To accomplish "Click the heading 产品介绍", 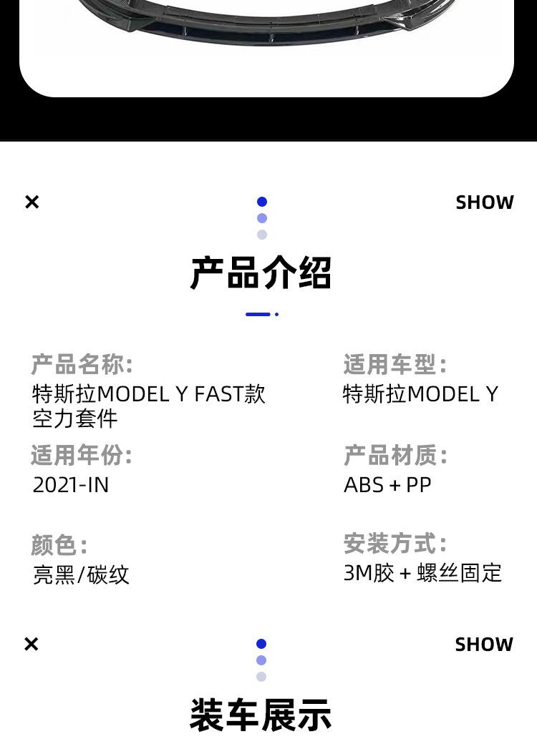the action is (x=261, y=273).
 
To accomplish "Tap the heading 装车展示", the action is (x=261, y=715).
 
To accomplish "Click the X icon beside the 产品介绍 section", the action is (x=32, y=202).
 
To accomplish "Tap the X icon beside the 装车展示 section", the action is (x=32, y=645).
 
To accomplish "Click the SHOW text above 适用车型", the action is (x=485, y=202).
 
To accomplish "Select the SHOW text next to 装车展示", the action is (x=484, y=645).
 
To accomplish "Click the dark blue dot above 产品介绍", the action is (x=262, y=202).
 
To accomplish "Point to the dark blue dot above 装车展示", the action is (x=261, y=644).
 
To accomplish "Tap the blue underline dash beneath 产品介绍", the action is (x=258, y=314).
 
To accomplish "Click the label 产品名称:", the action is (x=82, y=365).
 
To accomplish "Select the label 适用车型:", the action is (x=395, y=365).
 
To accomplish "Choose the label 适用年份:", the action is (x=82, y=455).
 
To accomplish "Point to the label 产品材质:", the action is (x=395, y=455).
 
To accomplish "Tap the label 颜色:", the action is (x=59, y=545).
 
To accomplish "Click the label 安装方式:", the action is (x=395, y=544).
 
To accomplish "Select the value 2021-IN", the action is (x=71, y=485).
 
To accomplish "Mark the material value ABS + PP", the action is (x=387, y=485).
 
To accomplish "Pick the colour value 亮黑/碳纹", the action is (x=81, y=574).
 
